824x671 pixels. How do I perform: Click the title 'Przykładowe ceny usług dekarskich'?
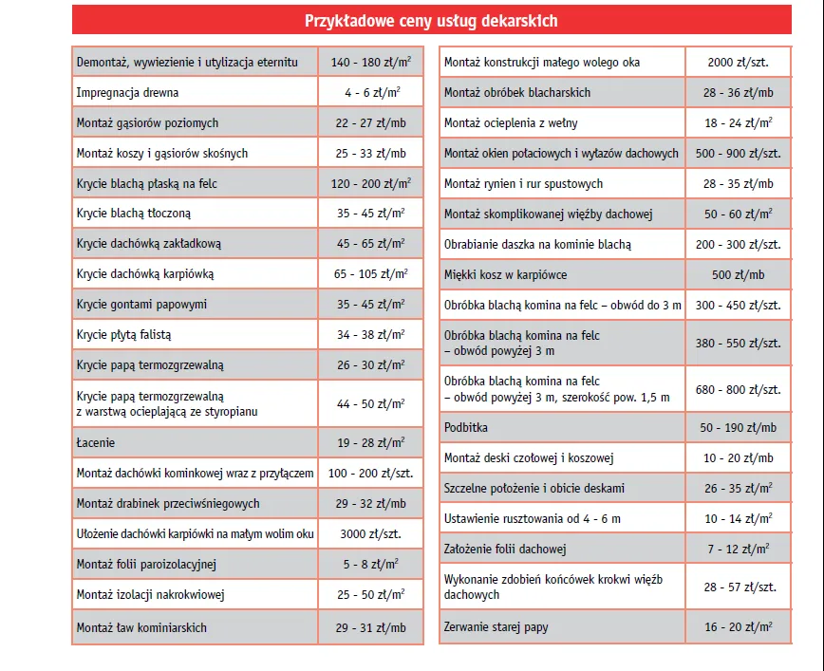pos(431,20)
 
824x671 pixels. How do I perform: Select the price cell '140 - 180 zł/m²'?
pos(370,63)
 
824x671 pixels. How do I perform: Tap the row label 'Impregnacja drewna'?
pos(127,93)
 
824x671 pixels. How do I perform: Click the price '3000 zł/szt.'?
pos(370,534)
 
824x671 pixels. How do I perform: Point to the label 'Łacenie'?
pos(96,443)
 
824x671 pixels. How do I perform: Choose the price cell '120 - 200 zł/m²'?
pos(370,183)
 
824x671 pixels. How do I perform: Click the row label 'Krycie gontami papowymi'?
pos(141,305)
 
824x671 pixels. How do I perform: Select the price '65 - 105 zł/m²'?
pos(370,274)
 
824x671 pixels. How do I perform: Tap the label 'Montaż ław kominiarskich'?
pos(141,627)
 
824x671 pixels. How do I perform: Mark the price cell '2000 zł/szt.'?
pos(738,63)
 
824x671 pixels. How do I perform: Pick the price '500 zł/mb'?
pos(738,275)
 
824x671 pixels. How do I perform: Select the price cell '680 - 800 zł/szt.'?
pos(738,389)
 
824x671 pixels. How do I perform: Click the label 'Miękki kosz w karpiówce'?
pos(505,275)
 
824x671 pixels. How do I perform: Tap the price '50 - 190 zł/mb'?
pos(738,428)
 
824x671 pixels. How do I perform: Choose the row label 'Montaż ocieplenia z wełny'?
pos(511,123)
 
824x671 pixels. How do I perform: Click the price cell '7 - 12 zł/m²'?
pos(738,550)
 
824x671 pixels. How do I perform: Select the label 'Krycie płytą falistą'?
pos(123,335)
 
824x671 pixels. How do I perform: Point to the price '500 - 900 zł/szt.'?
pos(738,154)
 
